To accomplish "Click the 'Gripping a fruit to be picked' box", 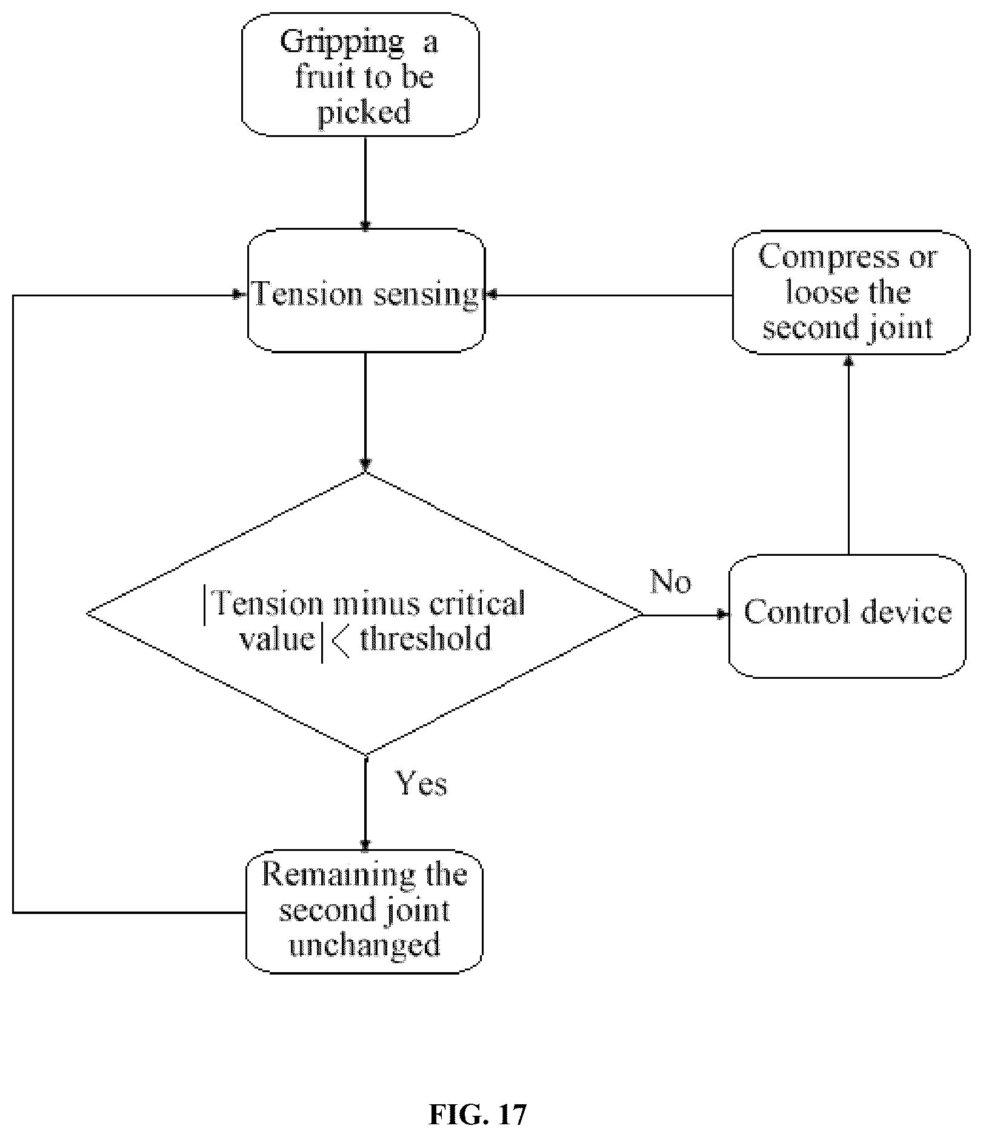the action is [361, 74].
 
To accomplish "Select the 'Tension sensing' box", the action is [366, 290].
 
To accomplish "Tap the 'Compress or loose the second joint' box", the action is [851, 292].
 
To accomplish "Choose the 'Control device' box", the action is [847, 615].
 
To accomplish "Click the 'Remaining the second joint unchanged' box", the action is [364, 911].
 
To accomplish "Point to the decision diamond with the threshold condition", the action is [364, 614].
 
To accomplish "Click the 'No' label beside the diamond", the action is [670, 581].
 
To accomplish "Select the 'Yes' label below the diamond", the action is [422, 783].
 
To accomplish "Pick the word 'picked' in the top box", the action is [364, 113].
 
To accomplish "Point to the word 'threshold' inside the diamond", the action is [425, 638].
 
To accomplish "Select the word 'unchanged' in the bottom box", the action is [364, 945].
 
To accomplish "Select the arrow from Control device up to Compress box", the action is [848, 454].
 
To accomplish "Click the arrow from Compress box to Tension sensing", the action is [608, 295].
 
